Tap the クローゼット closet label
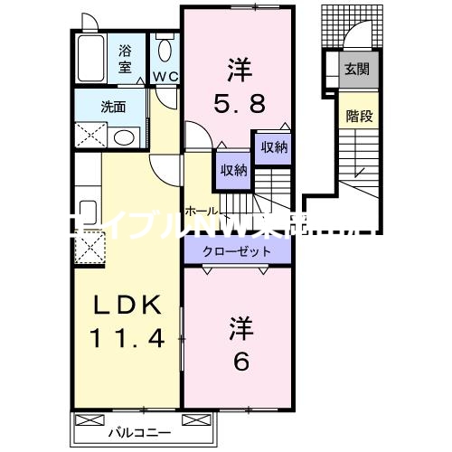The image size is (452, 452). coord(228,251)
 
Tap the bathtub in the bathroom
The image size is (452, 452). coord(91,60)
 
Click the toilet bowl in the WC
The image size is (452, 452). coord(164,51)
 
